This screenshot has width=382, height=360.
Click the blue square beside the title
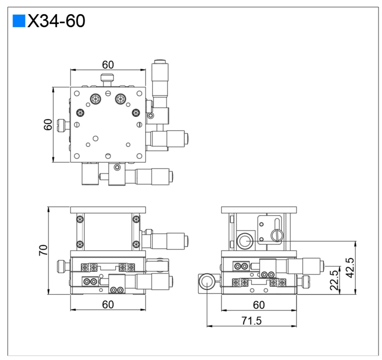pos(19,21)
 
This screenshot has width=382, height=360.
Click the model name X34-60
pos(56,21)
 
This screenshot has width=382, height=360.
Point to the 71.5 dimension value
pos(252,321)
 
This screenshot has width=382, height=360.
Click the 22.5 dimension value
pos(334,280)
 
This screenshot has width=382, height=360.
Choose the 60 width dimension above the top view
pos(108,64)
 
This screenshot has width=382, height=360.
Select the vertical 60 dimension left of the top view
pos(48,125)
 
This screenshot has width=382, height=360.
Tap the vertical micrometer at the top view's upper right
pos(160,85)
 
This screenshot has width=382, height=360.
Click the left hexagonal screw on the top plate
pos(95,99)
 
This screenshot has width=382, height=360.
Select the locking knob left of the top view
pos(62,125)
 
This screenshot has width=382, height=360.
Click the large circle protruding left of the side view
pos(207,282)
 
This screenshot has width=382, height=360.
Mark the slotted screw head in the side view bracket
pos(277,236)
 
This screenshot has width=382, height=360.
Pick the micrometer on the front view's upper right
pos(170,240)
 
